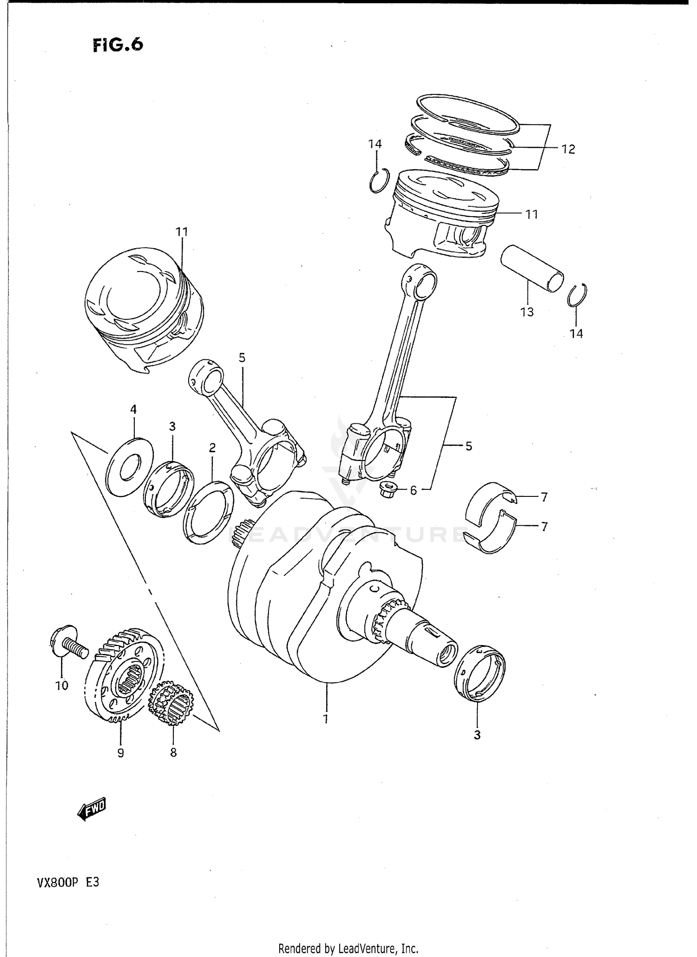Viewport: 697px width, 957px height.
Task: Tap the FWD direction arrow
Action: pos(92,810)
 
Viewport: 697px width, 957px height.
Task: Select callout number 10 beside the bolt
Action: pos(61,685)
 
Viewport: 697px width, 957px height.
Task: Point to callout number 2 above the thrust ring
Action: pos(212,448)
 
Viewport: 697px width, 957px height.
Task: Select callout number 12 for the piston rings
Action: pos(568,149)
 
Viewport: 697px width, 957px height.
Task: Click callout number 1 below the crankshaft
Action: pos(326,719)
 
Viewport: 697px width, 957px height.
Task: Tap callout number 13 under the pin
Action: pos(527,312)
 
